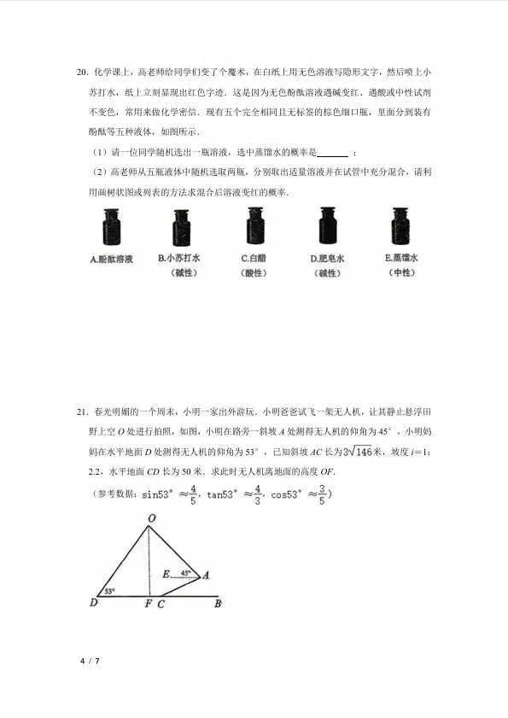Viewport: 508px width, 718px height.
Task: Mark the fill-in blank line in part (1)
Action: coord(332,154)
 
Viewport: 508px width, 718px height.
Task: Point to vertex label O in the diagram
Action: coord(151,518)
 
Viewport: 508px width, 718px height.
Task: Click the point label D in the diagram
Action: coord(92,603)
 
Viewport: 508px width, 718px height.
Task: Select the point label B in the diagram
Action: coord(218,603)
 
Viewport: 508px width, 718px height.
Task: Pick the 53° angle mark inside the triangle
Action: coord(109,590)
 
